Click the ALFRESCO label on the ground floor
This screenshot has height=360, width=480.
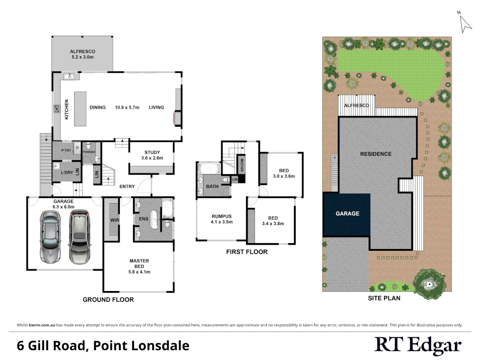coord(82,52)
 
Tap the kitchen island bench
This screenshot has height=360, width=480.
coord(80,109)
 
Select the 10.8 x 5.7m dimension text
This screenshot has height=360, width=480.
coord(127,107)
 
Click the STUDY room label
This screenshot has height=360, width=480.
coord(152,152)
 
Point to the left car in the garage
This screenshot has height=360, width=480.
coord(50,236)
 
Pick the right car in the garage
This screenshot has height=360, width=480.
coord(80,236)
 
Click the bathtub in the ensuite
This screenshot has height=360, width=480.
coord(155,219)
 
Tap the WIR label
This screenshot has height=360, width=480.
coord(115,220)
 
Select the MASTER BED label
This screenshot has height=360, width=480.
coord(139,263)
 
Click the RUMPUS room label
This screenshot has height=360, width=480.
coord(222,216)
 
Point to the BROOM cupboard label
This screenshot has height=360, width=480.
coord(242,165)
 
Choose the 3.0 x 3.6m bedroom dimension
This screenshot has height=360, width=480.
coord(284,176)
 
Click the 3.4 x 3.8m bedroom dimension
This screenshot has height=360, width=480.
coord(273,224)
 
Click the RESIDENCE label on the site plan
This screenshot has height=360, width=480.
coord(376,154)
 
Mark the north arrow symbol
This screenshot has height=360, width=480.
coord(465,23)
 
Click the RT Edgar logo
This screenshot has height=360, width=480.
coord(418,345)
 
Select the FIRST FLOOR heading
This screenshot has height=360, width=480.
coord(247,252)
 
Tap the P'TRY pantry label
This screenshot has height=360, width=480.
coord(66,150)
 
